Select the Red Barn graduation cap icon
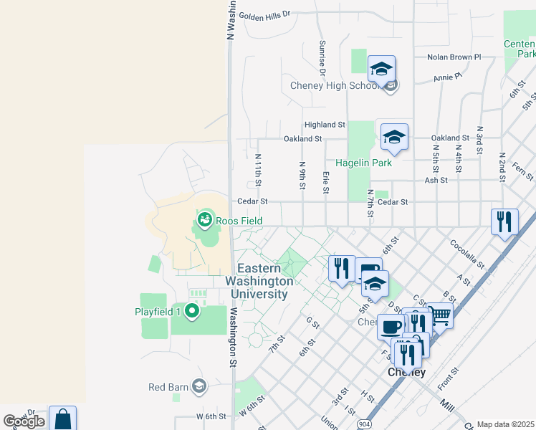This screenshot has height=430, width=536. click(x=198, y=387)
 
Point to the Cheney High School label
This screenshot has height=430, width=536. click(x=335, y=86)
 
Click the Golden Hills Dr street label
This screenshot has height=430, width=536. click(x=264, y=14)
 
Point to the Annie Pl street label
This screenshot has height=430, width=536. click(x=448, y=75)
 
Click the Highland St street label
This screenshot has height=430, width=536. click(x=324, y=125)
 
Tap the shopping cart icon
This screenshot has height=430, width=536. click(x=439, y=315)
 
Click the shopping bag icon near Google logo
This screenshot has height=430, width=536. click(x=62, y=419)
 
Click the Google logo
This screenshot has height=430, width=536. click(x=24, y=421)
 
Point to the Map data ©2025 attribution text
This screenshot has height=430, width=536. click(x=506, y=424)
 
